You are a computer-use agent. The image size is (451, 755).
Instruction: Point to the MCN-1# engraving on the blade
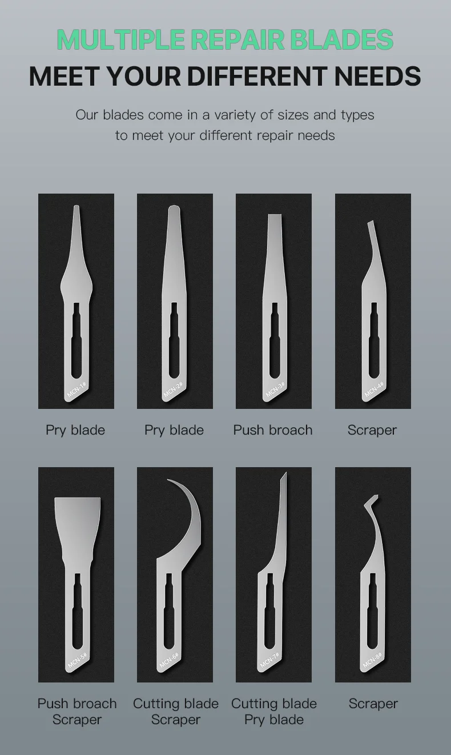(x=76, y=390)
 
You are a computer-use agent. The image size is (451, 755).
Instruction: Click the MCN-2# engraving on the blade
(x=173, y=389)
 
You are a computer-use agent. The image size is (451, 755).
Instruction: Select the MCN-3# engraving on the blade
(x=275, y=389)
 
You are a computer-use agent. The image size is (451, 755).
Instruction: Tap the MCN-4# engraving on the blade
(x=374, y=389)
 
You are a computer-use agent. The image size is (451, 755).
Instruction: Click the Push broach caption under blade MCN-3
(x=273, y=431)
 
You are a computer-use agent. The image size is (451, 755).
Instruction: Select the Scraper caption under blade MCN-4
(x=372, y=431)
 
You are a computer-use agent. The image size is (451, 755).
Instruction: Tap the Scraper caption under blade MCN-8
(x=373, y=704)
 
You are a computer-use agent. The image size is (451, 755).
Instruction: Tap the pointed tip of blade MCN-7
(x=286, y=473)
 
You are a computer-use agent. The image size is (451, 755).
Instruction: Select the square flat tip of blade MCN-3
(x=275, y=216)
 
